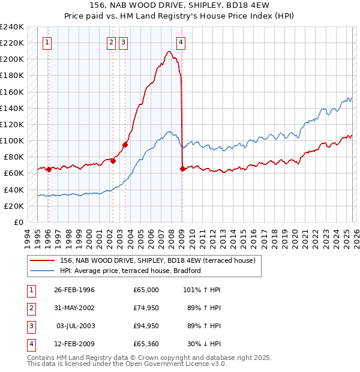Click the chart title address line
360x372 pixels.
179,5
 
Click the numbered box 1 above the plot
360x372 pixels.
47,42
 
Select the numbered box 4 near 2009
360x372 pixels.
181,42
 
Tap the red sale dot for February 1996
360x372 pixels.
49,169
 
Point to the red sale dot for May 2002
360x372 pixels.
112,161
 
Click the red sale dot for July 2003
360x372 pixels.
125,144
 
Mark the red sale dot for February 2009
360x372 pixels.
182,169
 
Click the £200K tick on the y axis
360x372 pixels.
12,59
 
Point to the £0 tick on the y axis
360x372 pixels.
19,222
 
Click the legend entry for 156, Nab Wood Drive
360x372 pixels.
158,260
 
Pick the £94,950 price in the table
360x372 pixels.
146,326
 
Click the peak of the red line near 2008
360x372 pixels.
170,52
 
